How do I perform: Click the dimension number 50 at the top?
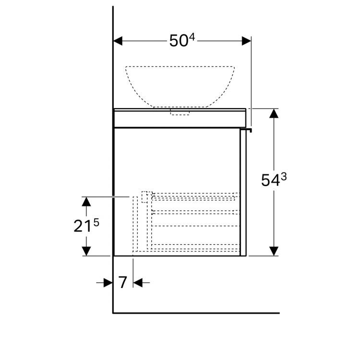coord(179,41)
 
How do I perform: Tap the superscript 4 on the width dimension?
coord(192,37)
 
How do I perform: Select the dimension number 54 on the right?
coord(270,180)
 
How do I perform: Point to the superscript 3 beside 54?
coord(284,177)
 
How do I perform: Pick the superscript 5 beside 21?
coord(96,222)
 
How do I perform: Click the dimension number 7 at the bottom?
coord(122,283)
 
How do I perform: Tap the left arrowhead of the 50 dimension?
coord(118,41)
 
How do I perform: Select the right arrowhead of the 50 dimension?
coord(246,41)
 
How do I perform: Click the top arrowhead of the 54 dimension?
coord(274,113)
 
